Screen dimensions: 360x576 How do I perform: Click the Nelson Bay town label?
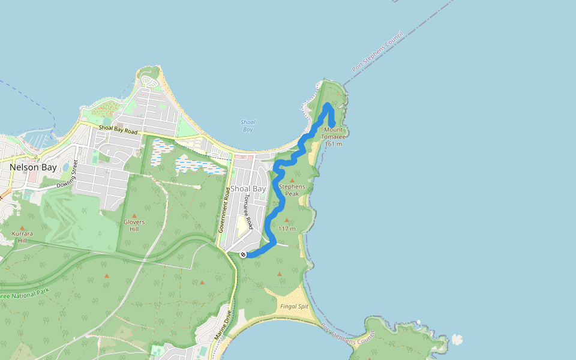click(x=33, y=167)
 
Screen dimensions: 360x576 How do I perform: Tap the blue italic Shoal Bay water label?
click(x=247, y=125)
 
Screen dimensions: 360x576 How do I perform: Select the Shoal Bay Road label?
click(x=118, y=129)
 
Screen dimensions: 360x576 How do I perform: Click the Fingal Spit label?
click(x=293, y=306)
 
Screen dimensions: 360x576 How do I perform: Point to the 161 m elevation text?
click(x=333, y=143)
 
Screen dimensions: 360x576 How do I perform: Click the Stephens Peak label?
click(x=292, y=190)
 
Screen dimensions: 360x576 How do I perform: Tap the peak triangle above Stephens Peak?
click(x=292, y=179)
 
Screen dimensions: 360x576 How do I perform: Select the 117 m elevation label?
click(x=287, y=229)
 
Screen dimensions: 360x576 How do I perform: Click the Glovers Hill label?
click(x=134, y=226)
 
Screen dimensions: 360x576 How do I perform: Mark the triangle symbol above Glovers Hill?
click(x=134, y=215)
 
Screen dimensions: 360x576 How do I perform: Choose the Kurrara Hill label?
click(x=22, y=236)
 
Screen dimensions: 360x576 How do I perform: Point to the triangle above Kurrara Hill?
click(x=22, y=228)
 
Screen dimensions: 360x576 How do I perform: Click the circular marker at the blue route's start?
click(x=243, y=255)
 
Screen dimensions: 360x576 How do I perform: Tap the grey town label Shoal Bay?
click(x=248, y=188)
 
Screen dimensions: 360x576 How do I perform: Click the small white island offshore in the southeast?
click(x=457, y=339)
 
